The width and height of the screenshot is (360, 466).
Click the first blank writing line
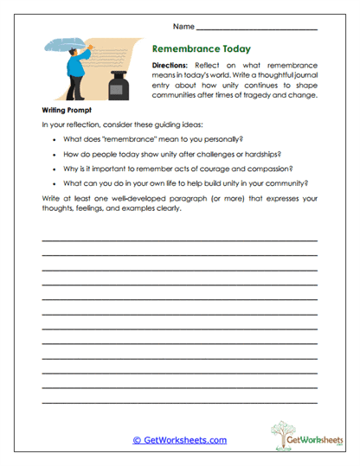coord(179,239)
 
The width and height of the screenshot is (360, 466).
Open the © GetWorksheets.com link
coord(179,440)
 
